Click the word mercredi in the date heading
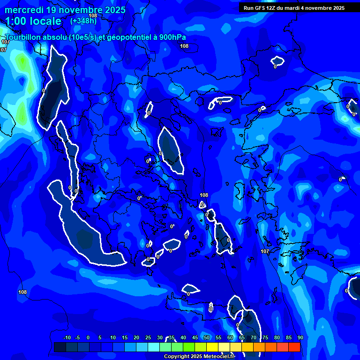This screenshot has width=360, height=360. (x=24, y=10)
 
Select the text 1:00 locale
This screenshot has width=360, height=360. (x=33, y=21)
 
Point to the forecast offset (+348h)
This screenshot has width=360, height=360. (x=83, y=21)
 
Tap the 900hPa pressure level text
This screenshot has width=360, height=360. (x=172, y=37)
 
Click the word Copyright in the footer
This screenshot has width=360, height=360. (x=177, y=357)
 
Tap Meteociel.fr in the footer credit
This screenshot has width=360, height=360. (x=219, y=357)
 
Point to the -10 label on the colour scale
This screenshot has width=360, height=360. (x=67, y=338)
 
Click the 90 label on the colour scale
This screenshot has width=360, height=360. (x=300, y=338)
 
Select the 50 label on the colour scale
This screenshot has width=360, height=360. (x=207, y=338)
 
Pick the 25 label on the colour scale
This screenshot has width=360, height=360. (x=148, y=338)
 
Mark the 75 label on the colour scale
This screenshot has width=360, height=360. (x=265, y=338)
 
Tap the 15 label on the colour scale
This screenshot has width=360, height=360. (x=125, y=338)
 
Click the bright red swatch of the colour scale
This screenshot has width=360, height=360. (x=294, y=347)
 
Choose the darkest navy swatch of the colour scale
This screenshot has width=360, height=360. (x=60, y=347)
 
